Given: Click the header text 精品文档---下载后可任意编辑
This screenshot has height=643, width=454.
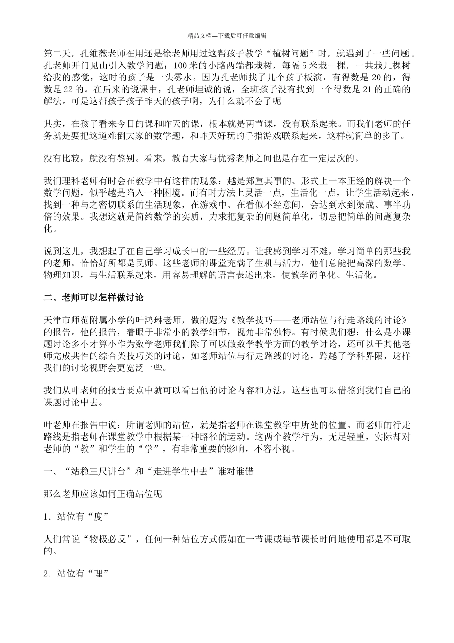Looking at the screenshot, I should [x=227, y=35].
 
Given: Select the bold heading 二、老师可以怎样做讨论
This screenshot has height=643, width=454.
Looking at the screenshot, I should [x=94, y=298].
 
